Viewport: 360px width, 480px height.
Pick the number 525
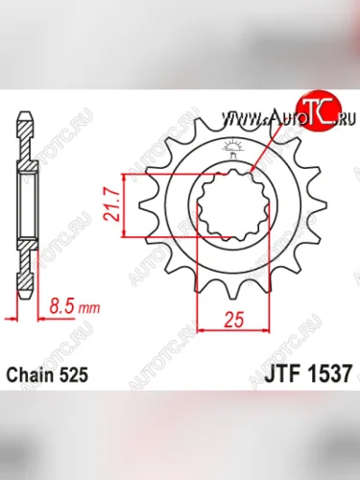[76, 371]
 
